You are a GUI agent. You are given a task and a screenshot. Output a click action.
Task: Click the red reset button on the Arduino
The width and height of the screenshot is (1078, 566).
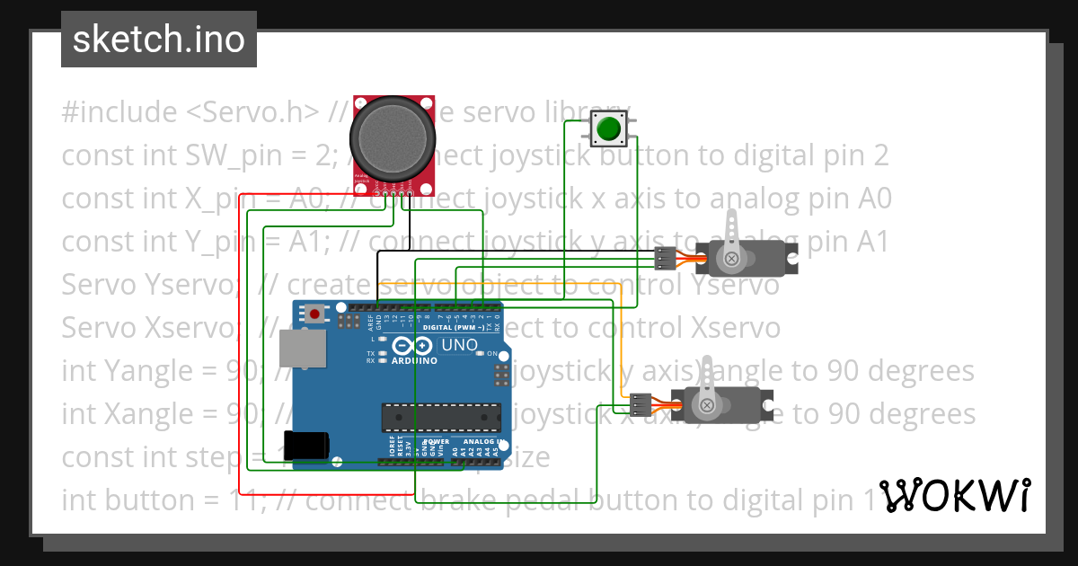click(315, 314)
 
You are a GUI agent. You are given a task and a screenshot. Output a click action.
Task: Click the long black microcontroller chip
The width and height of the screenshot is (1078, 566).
click(440, 417)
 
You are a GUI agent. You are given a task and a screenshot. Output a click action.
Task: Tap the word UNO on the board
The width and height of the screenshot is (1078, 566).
click(460, 345)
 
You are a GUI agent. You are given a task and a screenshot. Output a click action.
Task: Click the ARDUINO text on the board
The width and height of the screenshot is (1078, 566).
click(414, 360)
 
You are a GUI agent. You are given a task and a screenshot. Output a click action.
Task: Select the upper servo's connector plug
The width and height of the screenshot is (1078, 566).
click(666, 258)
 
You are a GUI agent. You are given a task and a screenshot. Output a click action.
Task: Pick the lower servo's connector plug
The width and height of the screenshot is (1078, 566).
click(641, 405)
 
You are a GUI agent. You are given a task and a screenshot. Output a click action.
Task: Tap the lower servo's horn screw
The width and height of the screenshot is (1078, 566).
click(708, 406)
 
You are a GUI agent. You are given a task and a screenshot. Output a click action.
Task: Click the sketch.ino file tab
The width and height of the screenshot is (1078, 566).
click(159, 40)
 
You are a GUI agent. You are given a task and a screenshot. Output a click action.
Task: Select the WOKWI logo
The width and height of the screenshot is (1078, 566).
click(955, 495)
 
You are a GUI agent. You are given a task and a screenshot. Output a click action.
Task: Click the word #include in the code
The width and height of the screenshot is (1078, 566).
click(119, 112)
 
